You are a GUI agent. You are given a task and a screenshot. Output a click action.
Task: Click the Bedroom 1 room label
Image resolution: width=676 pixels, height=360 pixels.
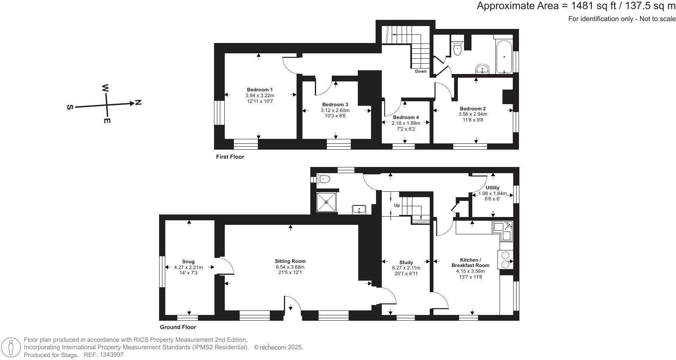point(259,90)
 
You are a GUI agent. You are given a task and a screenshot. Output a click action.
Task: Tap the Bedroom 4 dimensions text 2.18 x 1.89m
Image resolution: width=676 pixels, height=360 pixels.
point(406,123)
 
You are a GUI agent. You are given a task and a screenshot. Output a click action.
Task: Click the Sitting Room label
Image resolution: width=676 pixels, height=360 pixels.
point(290,261)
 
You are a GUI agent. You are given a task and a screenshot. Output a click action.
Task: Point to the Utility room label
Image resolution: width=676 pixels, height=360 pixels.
point(492,188)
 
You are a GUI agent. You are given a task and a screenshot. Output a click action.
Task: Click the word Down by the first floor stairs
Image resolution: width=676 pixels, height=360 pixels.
point(421,72)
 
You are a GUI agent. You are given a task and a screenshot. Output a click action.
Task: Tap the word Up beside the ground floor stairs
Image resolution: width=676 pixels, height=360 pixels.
point(397,205)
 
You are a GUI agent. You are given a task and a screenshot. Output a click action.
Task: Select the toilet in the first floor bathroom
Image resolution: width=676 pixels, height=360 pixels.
point(457,49)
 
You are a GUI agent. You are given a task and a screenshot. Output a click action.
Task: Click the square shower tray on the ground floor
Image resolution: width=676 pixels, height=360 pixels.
point(326,202)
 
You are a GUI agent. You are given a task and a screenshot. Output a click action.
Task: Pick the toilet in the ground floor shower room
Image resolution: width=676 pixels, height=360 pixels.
point(324,179)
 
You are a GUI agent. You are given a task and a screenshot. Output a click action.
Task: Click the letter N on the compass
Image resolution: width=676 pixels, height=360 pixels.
point(138,103)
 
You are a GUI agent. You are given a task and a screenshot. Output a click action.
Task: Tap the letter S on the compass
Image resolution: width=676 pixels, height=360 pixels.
point(70,107)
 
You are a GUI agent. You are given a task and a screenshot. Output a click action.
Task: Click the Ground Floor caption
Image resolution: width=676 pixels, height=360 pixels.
point(178,327)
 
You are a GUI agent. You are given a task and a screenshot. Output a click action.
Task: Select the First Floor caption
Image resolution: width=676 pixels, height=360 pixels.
point(230,157)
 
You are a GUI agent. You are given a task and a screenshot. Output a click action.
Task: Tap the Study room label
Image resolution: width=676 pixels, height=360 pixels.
point(406,262)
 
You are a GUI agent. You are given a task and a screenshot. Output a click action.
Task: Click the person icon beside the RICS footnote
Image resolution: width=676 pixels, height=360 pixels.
point(11,347)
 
